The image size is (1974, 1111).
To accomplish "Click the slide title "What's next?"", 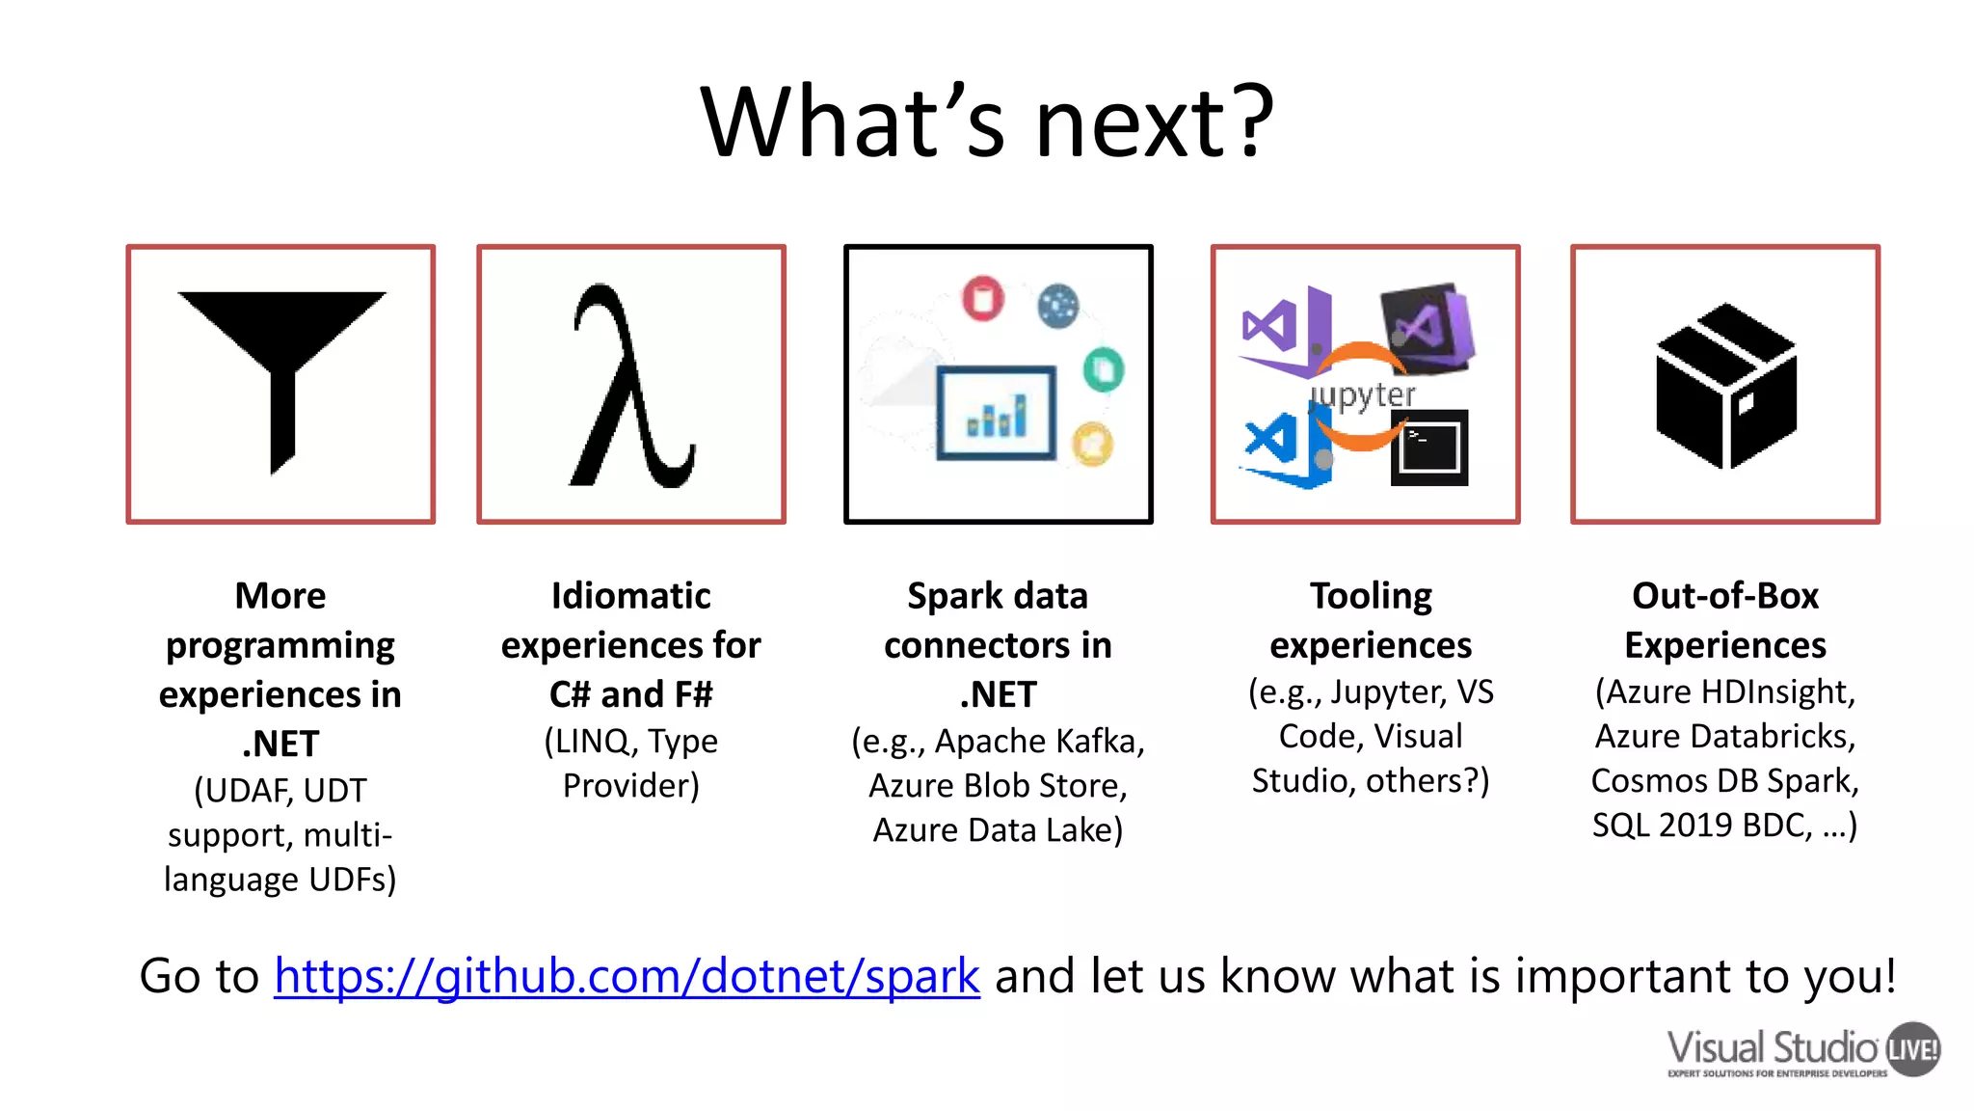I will pos(987,122).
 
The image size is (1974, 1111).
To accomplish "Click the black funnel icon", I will pos(281,366).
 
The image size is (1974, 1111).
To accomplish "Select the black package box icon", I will pos(1725,386).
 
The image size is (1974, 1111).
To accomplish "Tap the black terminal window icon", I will pos(1429,447).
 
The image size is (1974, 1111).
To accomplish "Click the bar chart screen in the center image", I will pos(997,413).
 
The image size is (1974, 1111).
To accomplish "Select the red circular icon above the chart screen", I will pos(982,298).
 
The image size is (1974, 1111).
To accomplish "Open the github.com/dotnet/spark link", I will pos(627,976).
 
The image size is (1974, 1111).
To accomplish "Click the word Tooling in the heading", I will pos(1370,596).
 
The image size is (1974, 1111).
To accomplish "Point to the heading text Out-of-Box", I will pos(1724,596).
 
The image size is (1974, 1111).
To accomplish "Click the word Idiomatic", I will pos(630,596).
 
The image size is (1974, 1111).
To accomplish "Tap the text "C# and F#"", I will pos(630,694).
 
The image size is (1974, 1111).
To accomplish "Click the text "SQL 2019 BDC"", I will pos(1701,826).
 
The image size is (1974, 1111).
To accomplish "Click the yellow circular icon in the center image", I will pos(1092,445).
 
